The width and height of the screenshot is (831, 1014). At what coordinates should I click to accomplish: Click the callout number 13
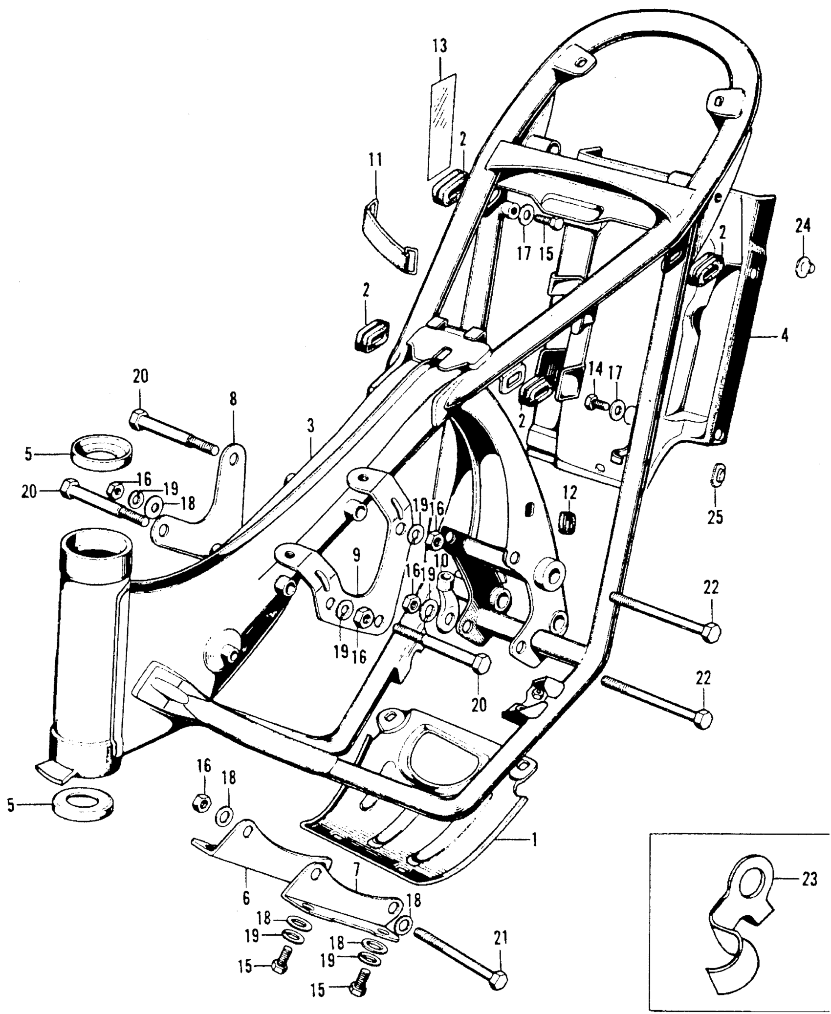439,47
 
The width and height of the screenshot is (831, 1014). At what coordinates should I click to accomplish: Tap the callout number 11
375,161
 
